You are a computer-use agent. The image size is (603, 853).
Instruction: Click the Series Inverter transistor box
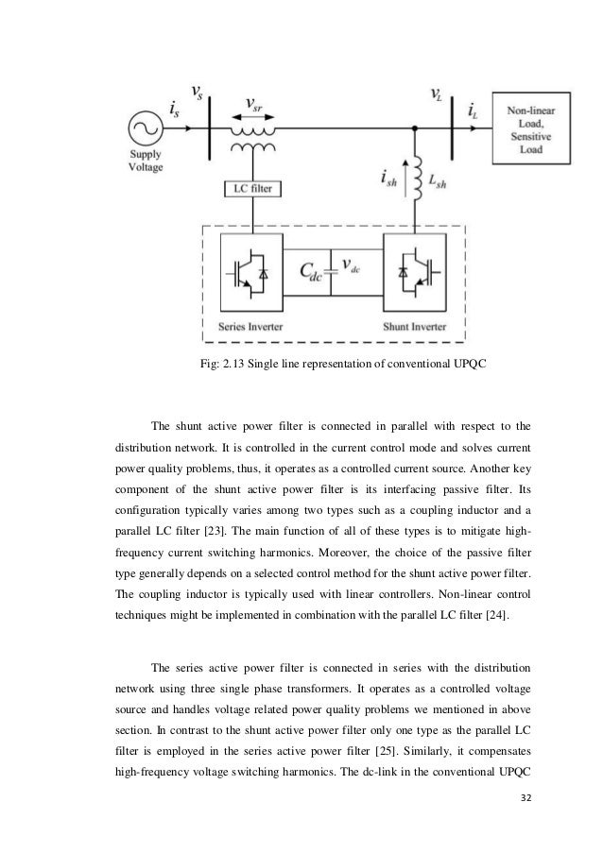coord(250,273)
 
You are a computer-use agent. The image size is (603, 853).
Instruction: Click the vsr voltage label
coord(254,101)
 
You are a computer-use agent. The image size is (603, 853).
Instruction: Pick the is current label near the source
coord(175,113)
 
